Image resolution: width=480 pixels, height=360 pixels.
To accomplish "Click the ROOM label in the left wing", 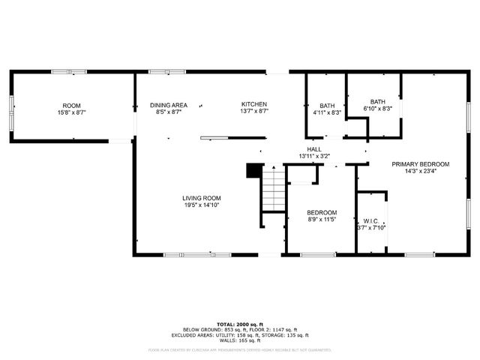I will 71,106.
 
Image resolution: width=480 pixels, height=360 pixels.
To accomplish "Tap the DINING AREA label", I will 169,105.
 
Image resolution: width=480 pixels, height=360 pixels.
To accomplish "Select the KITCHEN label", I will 253,104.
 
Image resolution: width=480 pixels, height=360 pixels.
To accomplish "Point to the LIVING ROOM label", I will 202,198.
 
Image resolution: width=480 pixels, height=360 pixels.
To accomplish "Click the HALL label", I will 313,149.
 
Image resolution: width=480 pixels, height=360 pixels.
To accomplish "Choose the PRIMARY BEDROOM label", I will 420,164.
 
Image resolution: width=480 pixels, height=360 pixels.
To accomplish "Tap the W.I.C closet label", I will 370,220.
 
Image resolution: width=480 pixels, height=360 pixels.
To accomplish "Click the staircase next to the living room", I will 273,190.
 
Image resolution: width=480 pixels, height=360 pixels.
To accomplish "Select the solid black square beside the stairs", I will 253,170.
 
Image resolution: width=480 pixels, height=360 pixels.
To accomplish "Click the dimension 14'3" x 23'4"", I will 420,171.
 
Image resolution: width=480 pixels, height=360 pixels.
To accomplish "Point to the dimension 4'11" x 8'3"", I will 327,112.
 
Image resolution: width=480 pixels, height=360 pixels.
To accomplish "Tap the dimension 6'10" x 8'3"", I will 377,109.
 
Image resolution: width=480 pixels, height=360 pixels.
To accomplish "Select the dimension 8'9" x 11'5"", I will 322,220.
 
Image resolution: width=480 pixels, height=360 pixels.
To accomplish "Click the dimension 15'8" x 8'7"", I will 71,112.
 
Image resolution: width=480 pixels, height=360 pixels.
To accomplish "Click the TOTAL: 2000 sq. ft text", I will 239,324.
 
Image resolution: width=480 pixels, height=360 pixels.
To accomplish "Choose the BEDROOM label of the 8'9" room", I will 322,212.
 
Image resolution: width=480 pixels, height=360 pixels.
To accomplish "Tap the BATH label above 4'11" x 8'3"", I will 327,106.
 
